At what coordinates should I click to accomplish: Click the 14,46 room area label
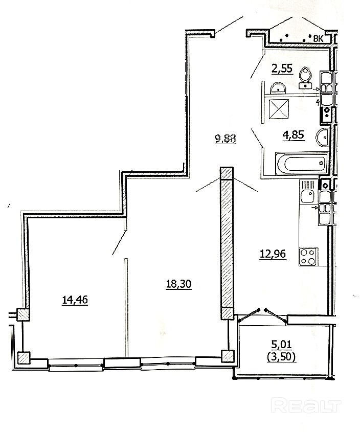click(x=75, y=300)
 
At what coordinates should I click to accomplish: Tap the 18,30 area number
click(x=178, y=284)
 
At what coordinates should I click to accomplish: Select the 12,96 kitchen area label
click(x=273, y=254)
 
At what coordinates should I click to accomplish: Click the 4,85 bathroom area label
click(x=294, y=135)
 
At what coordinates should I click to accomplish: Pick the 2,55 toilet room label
click(x=282, y=68)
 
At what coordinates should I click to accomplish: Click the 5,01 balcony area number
click(x=281, y=344)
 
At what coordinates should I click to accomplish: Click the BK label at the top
click(x=318, y=39)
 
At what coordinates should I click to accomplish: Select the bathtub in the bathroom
click(x=302, y=164)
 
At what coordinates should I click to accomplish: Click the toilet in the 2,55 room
click(x=305, y=78)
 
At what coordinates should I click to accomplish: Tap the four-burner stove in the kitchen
click(x=308, y=257)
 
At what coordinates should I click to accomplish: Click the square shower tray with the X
click(x=279, y=109)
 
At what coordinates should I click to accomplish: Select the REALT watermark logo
click(x=306, y=405)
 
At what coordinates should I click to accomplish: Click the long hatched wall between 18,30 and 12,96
click(x=227, y=243)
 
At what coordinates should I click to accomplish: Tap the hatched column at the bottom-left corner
click(x=24, y=358)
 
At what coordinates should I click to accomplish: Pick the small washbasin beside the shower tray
click(x=278, y=88)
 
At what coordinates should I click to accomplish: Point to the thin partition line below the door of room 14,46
click(x=126, y=308)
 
